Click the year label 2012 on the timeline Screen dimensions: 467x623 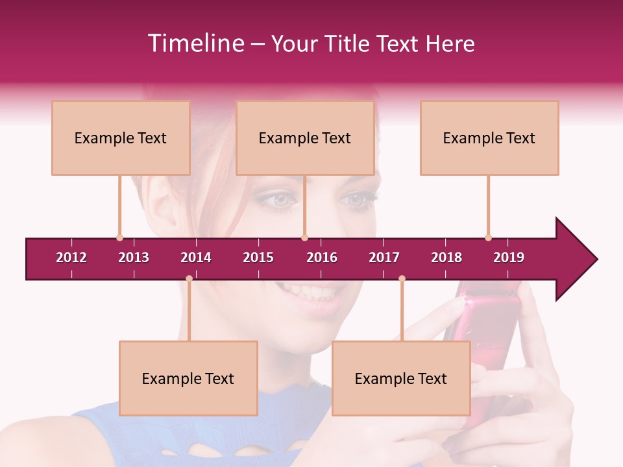(x=71, y=257)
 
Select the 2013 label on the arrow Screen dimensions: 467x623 (x=134, y=257)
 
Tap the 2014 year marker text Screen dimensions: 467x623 (x=196, y=257)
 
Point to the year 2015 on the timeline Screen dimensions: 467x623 (x=258, y=257)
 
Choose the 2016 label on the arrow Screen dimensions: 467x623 (x=322, y=257)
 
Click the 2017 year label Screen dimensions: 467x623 (x=384, y=257)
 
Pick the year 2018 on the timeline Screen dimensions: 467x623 (x=446, y=257)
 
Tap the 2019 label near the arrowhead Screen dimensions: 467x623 (x=509, y=257)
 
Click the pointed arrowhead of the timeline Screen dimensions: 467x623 (x=578, y=259)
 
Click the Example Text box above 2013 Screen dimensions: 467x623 (x=121, y=138)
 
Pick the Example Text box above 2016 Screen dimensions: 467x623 (x=305, y=138)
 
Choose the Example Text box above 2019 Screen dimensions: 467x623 (x=489, y=138)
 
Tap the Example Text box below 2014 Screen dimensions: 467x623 (x=188, y=378)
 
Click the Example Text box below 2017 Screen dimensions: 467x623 (x=401, y=378)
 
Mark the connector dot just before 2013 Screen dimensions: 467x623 (x=119, y=237)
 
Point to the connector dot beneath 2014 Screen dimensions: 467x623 (x=189, y=279)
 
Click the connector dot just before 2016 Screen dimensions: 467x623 (x=304, y=237)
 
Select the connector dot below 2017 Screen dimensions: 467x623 (x=402, y=279)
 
